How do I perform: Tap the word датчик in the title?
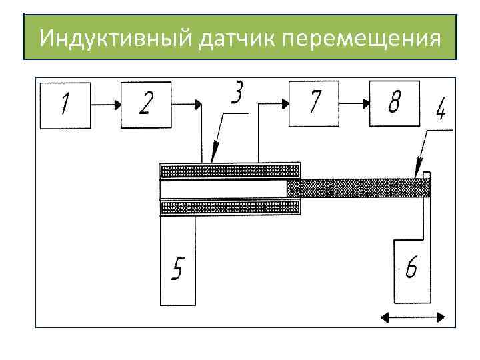pos(238,38)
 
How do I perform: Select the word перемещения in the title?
pos(362,38)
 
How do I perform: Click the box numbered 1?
pos(65,105)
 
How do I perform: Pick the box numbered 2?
pos(145,105)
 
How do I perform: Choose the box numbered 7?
pos(313,103)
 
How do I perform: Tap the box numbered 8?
pos(394,103)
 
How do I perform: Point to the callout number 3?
pos(237,93)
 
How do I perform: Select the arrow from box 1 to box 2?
pos(105,105)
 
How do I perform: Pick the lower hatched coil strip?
pos(230,209)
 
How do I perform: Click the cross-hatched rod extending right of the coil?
pos(360,188)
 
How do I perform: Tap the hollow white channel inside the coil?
pos(223,189)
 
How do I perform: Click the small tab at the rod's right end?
pos(427,175)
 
